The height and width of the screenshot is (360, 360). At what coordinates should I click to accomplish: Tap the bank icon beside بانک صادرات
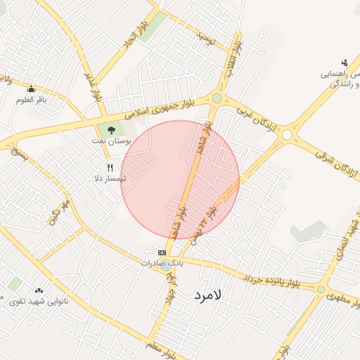click(x=162, y=252)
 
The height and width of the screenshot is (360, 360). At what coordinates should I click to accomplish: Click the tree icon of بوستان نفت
click(x=110, y=129)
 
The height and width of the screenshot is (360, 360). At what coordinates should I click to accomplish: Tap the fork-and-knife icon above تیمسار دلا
click(x=110, y=167)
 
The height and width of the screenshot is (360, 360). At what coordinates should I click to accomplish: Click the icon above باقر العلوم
click(x=31, y=89)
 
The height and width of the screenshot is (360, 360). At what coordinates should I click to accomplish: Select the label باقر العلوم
click(x=31, y=99)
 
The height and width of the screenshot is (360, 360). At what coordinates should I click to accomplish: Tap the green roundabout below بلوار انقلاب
click(x=217, y=98)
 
